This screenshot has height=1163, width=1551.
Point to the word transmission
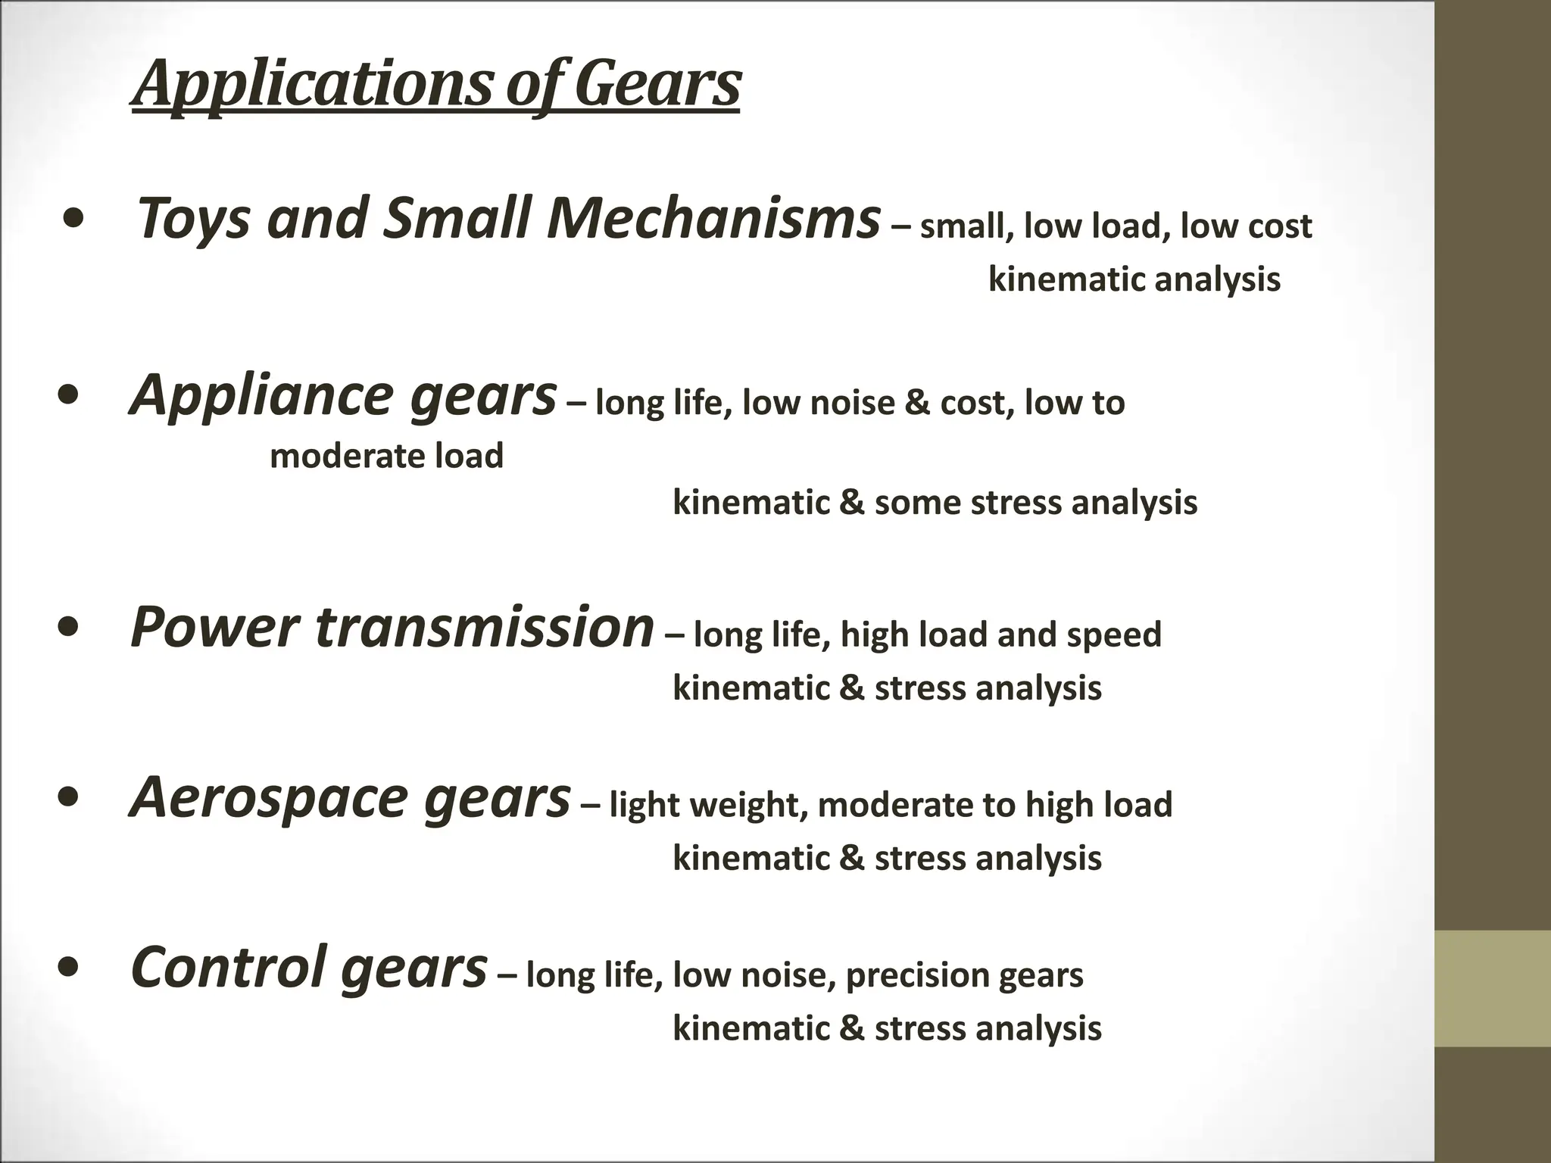(x=485, y=628)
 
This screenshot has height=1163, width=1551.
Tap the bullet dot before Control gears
(x=70, y=968)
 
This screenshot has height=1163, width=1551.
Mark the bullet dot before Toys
(x=75, y=220)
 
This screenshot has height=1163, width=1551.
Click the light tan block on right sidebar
(x=1493, y=988)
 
